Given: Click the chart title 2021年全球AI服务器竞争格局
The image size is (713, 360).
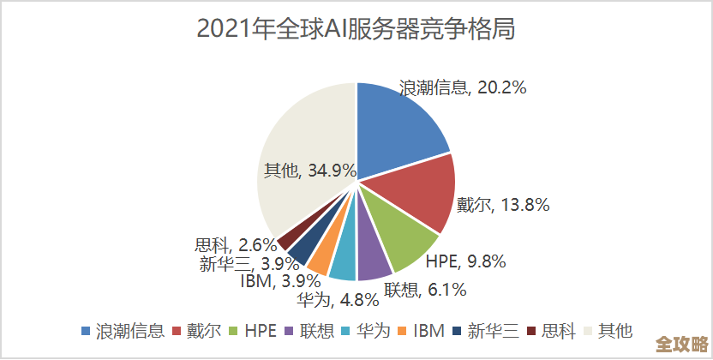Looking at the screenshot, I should click(356, 29).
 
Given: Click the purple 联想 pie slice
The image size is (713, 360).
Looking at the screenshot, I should click(372, 262).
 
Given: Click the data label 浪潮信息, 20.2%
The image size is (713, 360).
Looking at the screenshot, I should click(463, 87).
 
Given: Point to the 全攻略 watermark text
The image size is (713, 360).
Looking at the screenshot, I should click(680, 344).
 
